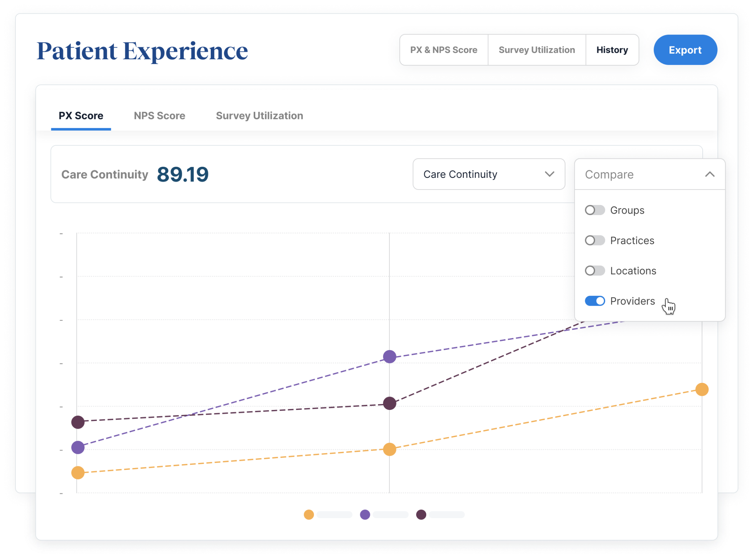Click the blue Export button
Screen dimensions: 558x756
tap(685, 50)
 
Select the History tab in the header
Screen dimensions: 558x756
tap(612, 50)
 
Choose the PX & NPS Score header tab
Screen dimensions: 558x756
tap(443, 50)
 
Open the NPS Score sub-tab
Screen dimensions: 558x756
tap(160, 116)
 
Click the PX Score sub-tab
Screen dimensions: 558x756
tap(81, 116)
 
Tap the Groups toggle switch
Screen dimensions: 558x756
tap(594, 210)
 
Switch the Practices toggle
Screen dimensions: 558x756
tap(594, 240)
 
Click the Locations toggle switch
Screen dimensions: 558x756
tap(594, 271)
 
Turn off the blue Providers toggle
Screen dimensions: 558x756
tap(594, 301)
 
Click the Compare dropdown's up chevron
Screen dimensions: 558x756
tap(710, 174)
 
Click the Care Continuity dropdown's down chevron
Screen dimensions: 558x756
tap(550, 174)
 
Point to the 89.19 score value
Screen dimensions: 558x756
tap(183, 175)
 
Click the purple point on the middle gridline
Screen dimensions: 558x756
tap(390, 357)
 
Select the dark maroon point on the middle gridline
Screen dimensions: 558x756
tap(390, 403)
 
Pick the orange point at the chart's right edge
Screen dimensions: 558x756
tap(702, 390)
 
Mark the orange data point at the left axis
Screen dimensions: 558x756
tap(78, 473)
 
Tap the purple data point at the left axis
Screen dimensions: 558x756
tap(78, 447)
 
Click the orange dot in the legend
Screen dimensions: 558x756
tap(309, 515)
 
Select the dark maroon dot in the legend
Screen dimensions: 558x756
tap(421, 515)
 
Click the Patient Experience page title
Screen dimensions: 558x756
tap(142, 51)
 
